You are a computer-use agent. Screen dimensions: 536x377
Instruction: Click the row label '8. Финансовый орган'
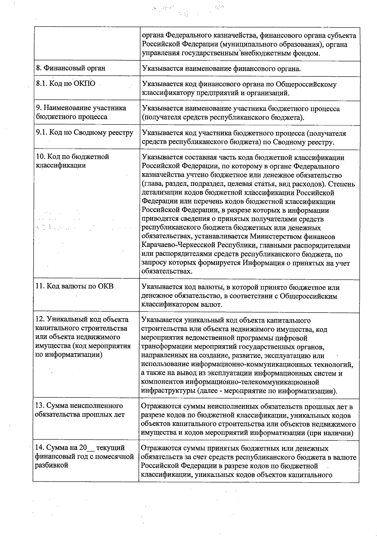coord(71,68)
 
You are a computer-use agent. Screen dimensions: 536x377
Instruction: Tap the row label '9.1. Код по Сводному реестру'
coord(85,133)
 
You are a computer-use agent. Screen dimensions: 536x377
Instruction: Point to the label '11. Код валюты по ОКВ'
coord(74,286)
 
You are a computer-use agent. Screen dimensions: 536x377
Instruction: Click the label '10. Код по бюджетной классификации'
coord(72,161)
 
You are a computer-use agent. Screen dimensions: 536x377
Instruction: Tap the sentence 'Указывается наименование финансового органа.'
coord(221,68)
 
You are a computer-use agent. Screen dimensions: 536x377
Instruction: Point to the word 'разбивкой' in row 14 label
coord(52,465)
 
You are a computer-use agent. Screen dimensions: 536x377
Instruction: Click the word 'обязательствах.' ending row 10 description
coord(167,271)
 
